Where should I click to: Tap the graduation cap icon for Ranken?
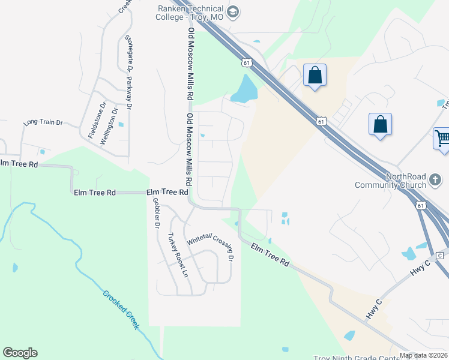click(x=234, y=11)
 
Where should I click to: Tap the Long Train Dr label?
click(x=43, y=122)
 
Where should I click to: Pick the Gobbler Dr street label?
click(x=156, y=213)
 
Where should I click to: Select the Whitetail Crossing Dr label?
click(x=209, y=246)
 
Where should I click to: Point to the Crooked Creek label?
click(x=121, y=309)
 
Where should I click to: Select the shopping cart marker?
click(x=442, y=139)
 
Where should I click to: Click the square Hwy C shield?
click(x=439, y=256)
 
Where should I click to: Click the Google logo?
click(x=20, y=353)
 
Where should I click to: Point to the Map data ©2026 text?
click(x=423, y=355)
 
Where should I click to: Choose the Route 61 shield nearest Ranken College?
click(x=246, y=62)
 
